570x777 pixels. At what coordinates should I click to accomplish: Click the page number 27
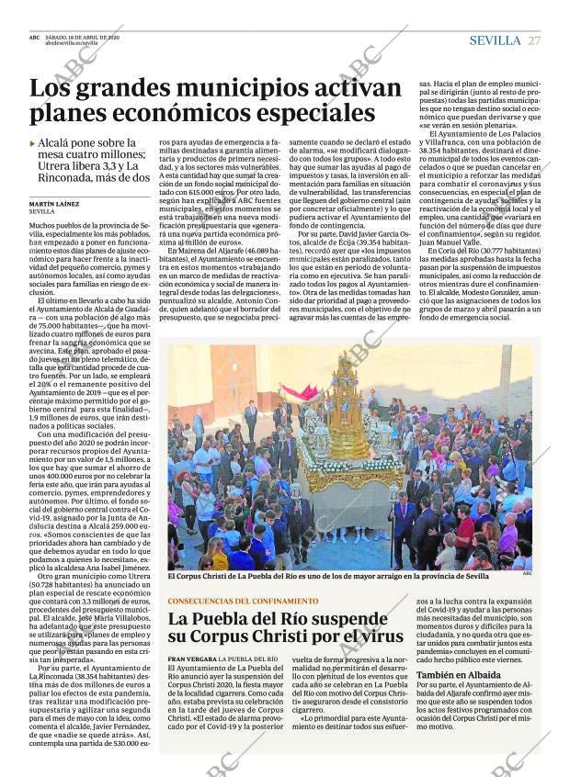click(534, 40)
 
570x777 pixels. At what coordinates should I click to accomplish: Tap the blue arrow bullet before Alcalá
click(33, 143)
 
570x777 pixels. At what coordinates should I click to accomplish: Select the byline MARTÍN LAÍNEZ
click(52, 203)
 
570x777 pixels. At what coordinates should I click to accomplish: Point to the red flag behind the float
click(301, 392)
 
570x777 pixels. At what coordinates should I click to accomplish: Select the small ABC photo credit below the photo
click(527, 573)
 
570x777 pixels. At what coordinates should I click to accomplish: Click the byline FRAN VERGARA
click(190, 659)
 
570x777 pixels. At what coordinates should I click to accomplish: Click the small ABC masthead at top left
click(34, 37)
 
